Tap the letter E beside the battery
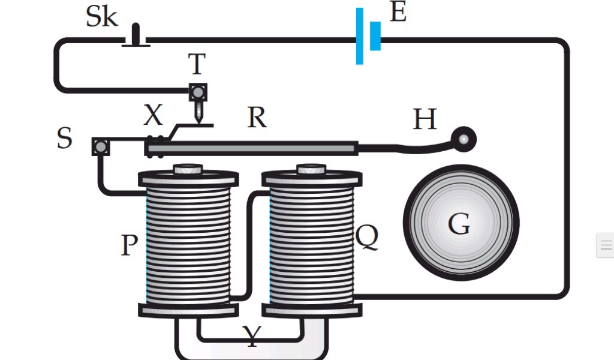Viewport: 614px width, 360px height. (x=398, y=12)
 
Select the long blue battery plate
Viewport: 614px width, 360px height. (x=360, y=36)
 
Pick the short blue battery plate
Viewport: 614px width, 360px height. (x=375, y=36)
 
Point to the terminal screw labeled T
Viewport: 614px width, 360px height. (x=198, y=92)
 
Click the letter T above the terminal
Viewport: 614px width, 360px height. (x=197, y=64)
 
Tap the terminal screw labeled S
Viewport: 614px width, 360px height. (x=100, y=146)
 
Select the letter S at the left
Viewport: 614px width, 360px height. (x=65, y=139)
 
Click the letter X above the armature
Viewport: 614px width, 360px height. (x=153, y=115)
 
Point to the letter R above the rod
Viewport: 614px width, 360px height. (x=257, y=118)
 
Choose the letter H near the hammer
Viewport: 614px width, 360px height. (x=425, y=120)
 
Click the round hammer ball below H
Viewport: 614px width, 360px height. (x=463, y=139)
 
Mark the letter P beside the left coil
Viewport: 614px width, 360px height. (x=130, y=245)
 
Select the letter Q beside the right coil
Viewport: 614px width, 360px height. (x=367, y=238)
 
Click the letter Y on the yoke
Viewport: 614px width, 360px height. (x=252, y=340)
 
